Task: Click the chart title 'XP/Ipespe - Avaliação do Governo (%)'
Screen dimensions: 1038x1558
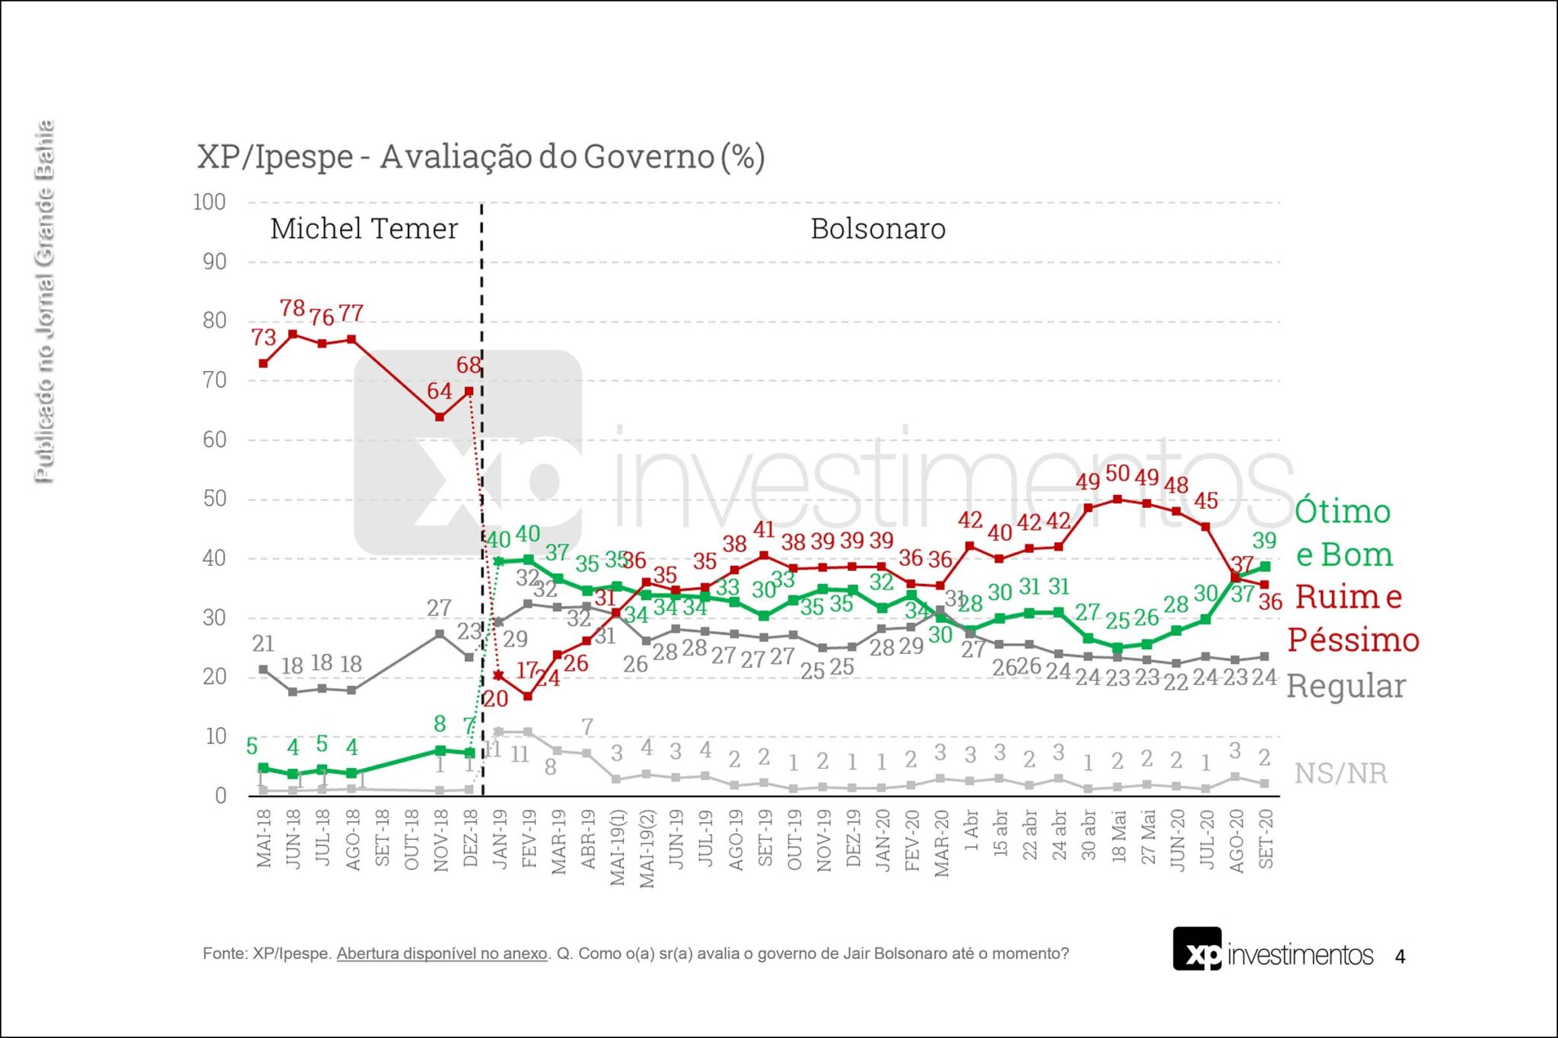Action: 481,157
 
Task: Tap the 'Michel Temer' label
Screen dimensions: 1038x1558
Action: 364,229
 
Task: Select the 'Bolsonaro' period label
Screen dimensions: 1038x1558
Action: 878,229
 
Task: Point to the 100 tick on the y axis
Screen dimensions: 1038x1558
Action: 209,202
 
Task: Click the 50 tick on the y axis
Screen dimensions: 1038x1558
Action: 215,499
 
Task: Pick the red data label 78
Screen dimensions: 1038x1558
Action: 292,308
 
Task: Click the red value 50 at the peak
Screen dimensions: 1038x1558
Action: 1118,474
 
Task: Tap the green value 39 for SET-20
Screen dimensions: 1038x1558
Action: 1264,541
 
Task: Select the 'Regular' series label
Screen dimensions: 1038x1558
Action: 1346,687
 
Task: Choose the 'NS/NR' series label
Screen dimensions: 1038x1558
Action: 1340,773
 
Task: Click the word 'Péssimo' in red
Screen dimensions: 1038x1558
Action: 1353,640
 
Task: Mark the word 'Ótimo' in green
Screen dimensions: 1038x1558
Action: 1343,511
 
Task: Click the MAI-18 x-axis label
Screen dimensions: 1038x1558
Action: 264,838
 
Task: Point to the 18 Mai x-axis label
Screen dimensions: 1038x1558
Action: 1118,836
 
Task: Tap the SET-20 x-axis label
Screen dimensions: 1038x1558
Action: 1266,838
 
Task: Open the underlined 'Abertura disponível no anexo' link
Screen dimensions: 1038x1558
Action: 441,954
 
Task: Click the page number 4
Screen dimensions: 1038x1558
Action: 1400,957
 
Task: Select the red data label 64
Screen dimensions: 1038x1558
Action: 439,391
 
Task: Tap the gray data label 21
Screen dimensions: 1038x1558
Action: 263,643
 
